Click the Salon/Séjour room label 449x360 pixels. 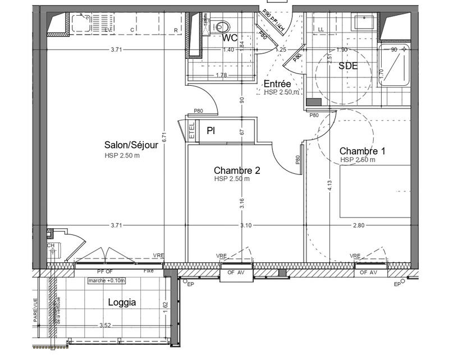click(x=130, y=145)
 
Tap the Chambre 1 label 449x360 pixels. click(x=363, y=151)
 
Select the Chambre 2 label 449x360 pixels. click(x=237, y=170)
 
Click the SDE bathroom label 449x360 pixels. click(x=347, y=65)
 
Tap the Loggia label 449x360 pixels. click(x=121, y=302)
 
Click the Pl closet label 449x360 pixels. click(x=211, y=131)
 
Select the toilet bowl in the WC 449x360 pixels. click(x=222, y=25)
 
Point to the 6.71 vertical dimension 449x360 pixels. click(x=163, y=136)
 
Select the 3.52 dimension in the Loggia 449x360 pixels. click(x=106, y=325)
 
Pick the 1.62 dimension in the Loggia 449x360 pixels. click(x=166, y=306)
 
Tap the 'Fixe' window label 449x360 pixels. click(x=149, y=271)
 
